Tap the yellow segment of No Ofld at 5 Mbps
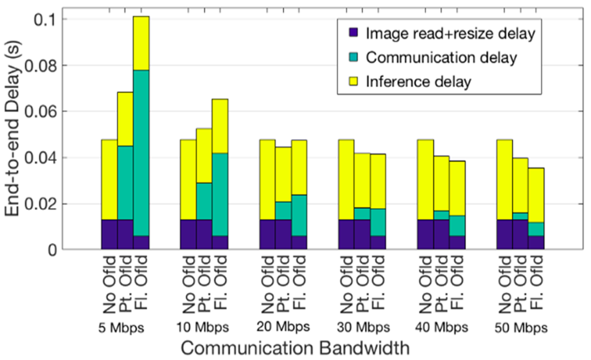[x=109, y=179]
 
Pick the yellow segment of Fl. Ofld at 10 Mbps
[x=220, y=126]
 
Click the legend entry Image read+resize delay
[x=452, y=34]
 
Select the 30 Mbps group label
[x=362, y=326]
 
